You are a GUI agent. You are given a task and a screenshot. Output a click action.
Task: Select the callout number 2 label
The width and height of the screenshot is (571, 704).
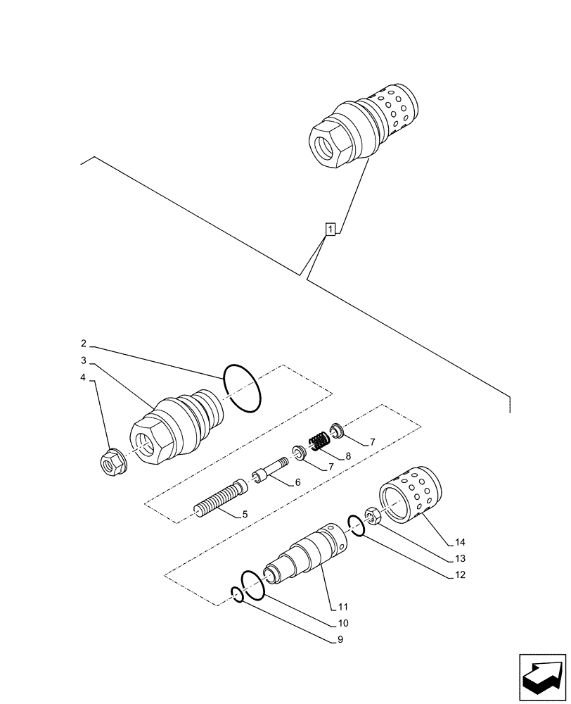(84, 344)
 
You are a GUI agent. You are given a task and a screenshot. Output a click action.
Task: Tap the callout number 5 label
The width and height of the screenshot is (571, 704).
(244, 515)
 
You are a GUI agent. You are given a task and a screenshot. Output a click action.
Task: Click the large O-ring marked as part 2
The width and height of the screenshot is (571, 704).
(241, 389)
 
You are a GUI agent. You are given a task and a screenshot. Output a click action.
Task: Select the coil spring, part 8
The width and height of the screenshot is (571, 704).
(320, 442)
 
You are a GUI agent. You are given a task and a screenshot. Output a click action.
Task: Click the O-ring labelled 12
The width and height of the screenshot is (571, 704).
(356, 525)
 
